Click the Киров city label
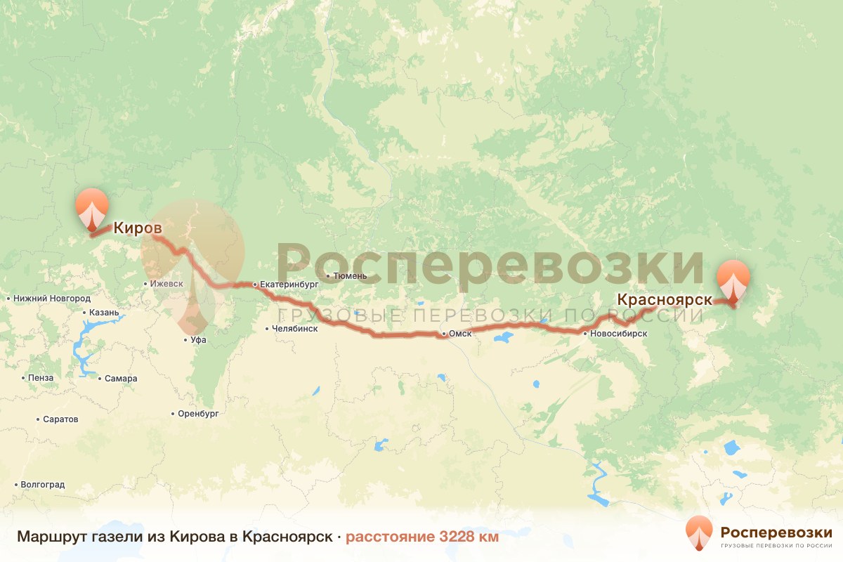point(138,228)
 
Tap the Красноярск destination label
point(664,299)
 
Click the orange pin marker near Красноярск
point(733,280)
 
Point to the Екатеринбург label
point(289,285)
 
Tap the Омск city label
point(459,334)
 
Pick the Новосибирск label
point(618,334)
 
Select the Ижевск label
point(166,284)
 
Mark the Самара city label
point(121,379)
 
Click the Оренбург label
point(198,414)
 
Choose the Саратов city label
point(60,419)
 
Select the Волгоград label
point(43,485)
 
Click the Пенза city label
point(41,378)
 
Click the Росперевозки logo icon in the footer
point(699,533)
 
